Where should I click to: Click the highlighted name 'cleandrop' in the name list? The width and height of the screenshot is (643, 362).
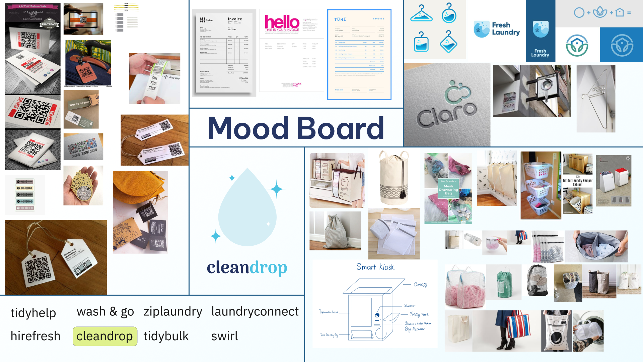104,336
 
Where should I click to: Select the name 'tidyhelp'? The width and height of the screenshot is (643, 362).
33,313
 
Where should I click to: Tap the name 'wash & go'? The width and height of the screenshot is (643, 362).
105,312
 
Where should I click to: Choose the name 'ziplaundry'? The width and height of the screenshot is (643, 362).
173,312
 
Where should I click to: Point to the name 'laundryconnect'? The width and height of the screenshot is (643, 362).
255,312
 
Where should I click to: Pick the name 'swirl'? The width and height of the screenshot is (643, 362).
224,336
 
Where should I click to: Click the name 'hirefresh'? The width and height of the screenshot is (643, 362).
35,336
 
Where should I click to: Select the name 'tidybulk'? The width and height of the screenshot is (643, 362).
166,336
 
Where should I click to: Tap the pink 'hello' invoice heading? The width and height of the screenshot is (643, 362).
282,22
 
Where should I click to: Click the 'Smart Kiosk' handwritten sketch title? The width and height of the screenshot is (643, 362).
375,267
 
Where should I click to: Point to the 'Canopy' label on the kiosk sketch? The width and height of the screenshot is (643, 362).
420,285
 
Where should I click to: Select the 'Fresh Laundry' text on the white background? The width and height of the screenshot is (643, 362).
506,29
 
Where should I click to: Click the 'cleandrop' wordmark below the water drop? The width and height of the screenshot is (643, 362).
247,268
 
